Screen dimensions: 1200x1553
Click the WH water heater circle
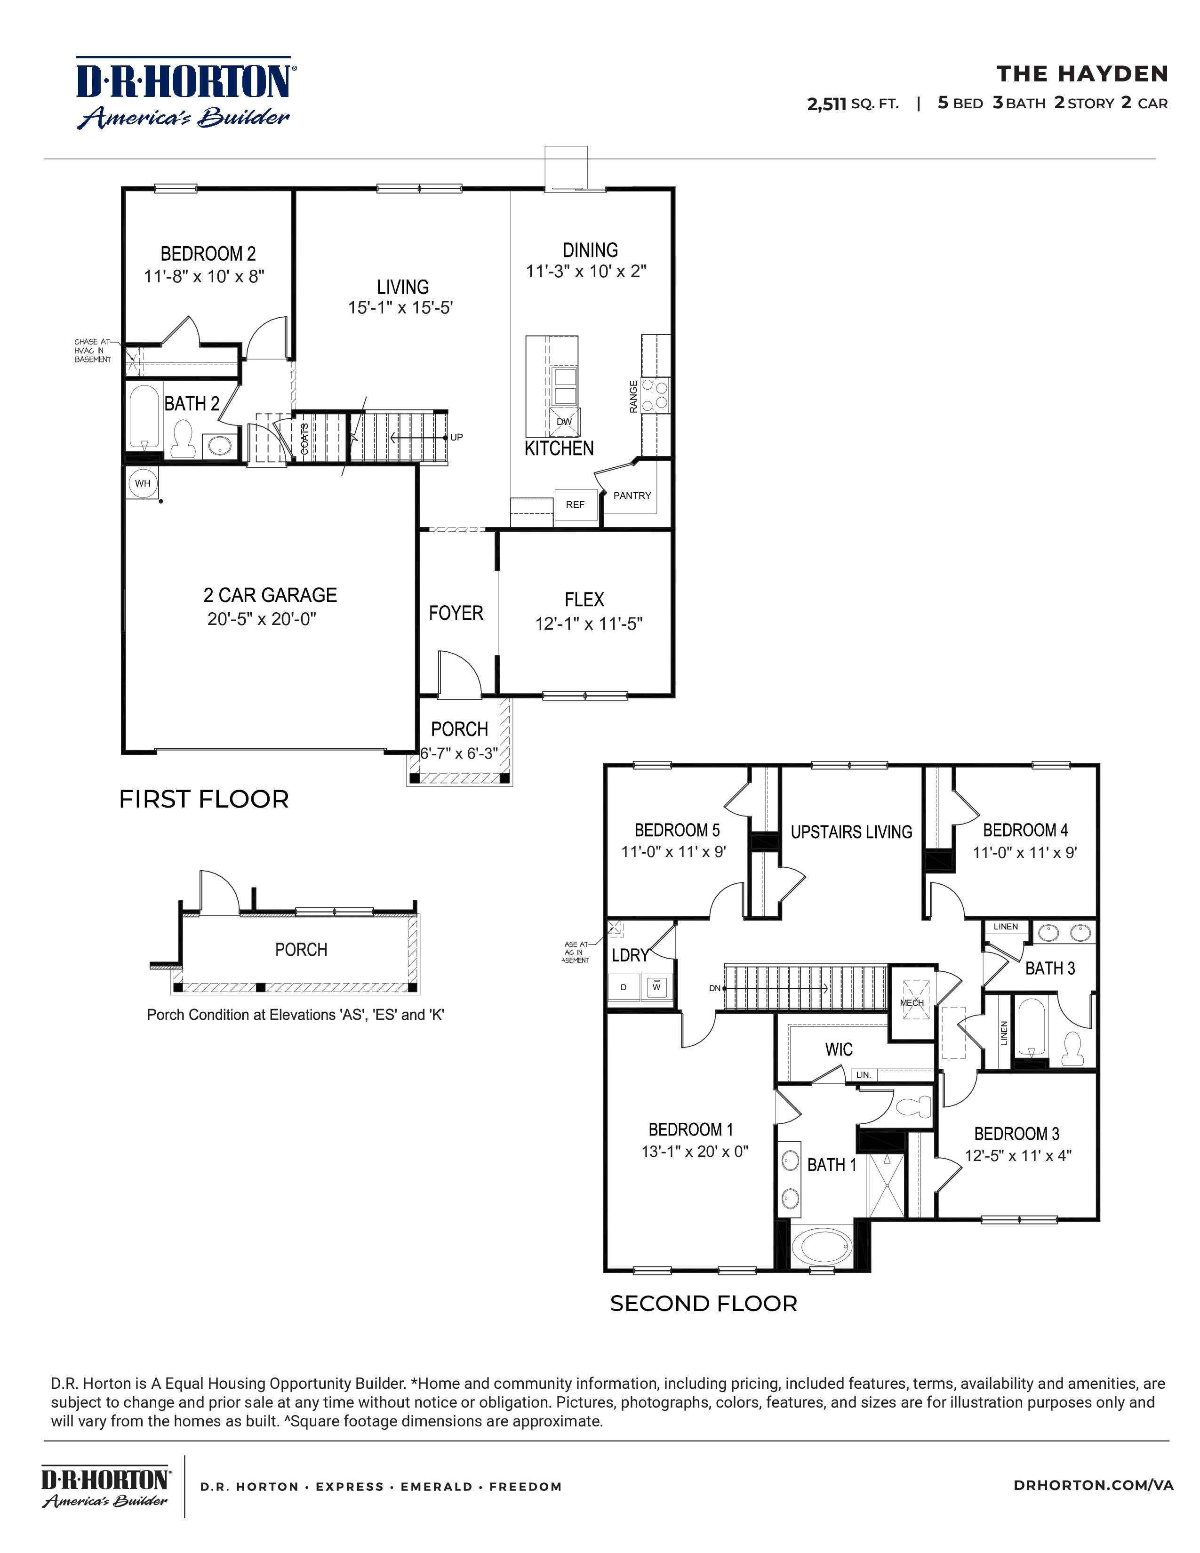[143, 483]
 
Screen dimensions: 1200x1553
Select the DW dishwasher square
[564, 422]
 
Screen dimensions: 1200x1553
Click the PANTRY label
[632, 496]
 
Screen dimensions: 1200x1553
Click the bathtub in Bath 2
[144, 417]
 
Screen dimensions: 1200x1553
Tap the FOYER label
[456, 613]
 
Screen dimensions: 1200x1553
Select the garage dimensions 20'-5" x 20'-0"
[262, 619]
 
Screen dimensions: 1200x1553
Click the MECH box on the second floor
[912, 1002]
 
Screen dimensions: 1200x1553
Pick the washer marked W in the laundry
[656, 987]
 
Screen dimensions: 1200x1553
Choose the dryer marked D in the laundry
[624, 987]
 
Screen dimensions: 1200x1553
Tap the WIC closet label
[839, 1049]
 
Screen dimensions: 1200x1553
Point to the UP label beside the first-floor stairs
[456, 437]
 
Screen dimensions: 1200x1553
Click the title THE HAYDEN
[1082, 74]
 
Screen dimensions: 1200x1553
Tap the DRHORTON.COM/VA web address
[1094, 1485]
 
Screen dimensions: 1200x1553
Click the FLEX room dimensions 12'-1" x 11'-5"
[589, 624]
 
